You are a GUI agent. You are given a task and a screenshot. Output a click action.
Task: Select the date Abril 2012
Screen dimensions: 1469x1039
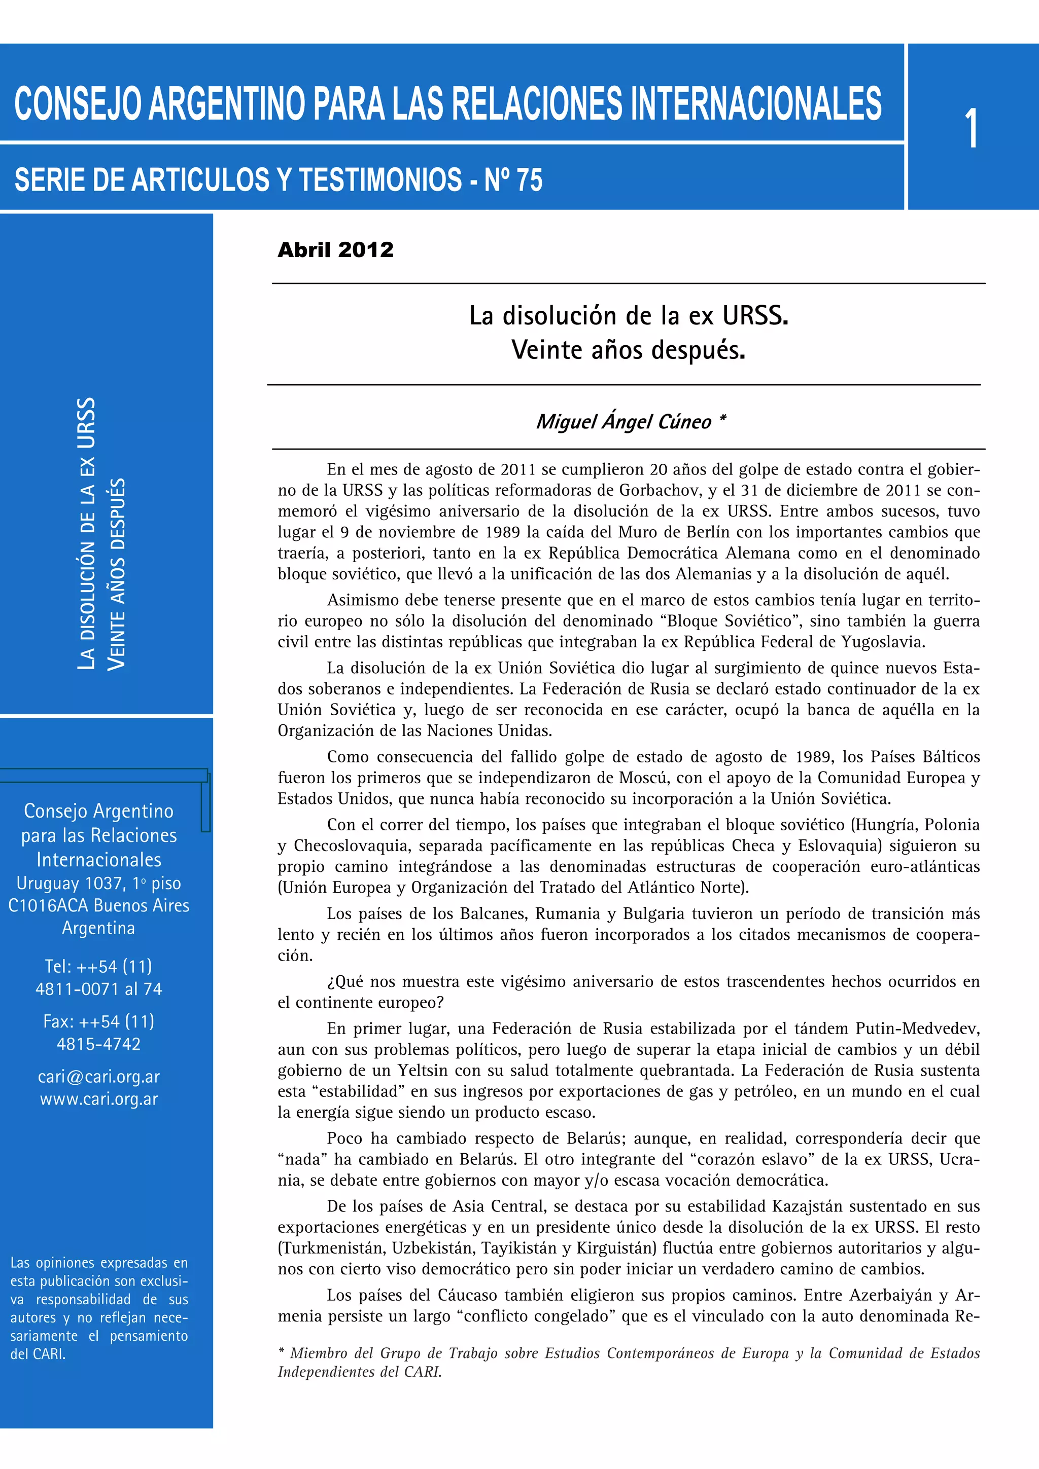click(335, 249)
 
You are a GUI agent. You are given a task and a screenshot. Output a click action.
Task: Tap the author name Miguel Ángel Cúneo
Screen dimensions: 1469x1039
click(624, 422)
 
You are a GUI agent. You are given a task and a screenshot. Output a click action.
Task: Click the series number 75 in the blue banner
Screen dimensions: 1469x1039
click(528, 180)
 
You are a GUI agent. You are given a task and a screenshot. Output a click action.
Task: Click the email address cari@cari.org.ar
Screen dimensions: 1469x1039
click(98, 1076)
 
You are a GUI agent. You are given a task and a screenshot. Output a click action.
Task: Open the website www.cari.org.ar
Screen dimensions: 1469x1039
click(98, 1098)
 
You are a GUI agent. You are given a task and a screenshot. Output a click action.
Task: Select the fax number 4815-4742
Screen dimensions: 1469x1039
click(98, 1044)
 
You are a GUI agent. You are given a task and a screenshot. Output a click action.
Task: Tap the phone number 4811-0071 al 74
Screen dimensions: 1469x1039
click(98, 988)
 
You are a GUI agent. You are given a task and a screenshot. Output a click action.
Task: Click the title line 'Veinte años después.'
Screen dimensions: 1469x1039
click(628, 350)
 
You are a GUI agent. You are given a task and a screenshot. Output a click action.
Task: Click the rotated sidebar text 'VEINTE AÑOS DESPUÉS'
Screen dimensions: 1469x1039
click(117, 574)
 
